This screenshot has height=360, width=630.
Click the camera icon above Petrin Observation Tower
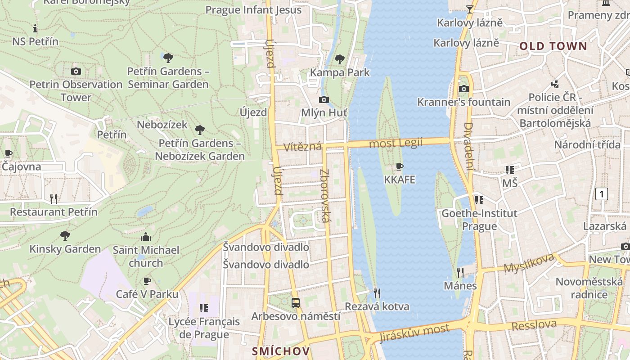(x=76, y=71)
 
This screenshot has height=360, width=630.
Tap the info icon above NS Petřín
(x=35, y=28)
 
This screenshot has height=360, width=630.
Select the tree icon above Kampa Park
(x=340, y=59)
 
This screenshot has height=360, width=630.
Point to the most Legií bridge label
(x=396, y=143)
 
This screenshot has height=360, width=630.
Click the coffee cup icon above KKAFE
(x=399, y=167)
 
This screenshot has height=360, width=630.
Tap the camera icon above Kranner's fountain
(x=463, y=89)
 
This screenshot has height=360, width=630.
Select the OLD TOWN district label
(x=553, y=46)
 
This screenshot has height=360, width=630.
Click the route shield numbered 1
(x=601, y=194)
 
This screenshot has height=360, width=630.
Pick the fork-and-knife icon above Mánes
(x=460, y=272)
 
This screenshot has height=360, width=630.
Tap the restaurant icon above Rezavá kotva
(x=377, y=293)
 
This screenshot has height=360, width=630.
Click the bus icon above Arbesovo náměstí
(x=296, y=303)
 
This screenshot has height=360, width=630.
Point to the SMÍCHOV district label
(x=281, y=351)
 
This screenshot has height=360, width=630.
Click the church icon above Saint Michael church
(x=146, y=237)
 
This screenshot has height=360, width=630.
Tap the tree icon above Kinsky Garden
(x=65, y=235)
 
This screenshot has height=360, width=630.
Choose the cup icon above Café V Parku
(x=147, y=281)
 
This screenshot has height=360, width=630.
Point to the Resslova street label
(x=534, y=325)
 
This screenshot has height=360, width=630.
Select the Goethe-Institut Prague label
(x=479, y=219)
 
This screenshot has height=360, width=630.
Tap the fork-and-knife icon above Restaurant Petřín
(x=54, y=198)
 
